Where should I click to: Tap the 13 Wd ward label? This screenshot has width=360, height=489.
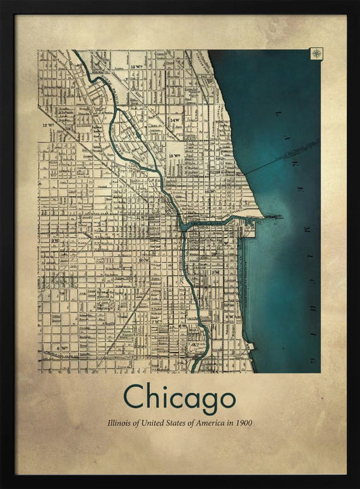click(x=138, y=66)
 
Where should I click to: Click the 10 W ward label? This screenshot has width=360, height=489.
click(x=143, y=259)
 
